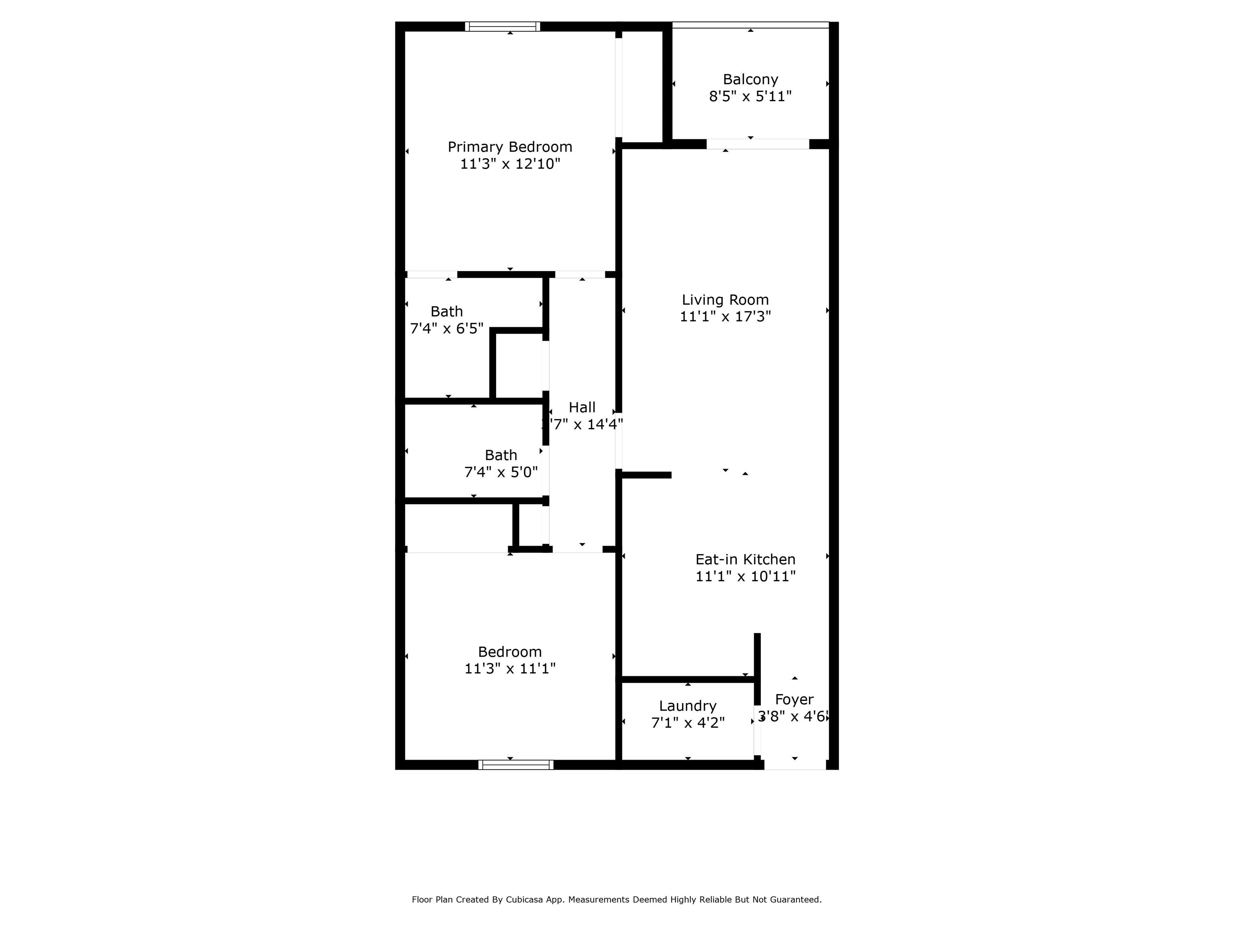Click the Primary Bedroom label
click(510, 147)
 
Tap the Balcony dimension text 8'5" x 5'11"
click(750, 96)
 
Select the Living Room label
click(725, 300)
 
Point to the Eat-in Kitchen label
click(745, 559)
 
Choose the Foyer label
click(795, 700)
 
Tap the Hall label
click(582, 407)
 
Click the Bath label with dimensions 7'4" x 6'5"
click(446, 311)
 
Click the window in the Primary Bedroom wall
click(503, 26)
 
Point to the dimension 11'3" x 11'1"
click(510, 668)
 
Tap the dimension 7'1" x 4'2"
click(688, 723)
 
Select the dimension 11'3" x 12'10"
click(510, 164)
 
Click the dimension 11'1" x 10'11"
click(745, 576)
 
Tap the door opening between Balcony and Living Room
click(758, 144)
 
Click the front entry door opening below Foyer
click(795, 765)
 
